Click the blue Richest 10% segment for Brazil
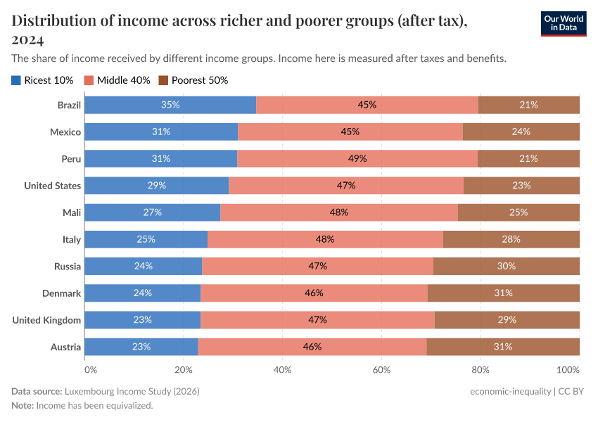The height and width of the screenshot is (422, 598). tap(170, 105)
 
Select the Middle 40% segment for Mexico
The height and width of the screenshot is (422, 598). tap(350, 132)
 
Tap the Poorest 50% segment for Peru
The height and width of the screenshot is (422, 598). tap(529, 158)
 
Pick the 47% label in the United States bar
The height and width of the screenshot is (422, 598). tap(346, 186)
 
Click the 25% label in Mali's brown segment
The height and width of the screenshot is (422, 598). tap(519, 212)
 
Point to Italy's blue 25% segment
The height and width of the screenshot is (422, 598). tap(146, 239)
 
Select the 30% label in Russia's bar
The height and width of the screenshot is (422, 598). tap(507, 267)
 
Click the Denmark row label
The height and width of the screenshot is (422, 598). tap(62, 293)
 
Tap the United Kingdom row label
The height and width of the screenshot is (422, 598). tap(47, 320)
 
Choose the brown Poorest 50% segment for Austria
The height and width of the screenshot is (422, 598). tap(503, 347)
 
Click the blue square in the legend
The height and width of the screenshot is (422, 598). tap(16, 80)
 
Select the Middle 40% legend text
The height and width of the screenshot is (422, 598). tap(123, 80)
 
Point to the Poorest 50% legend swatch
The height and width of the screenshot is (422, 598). tap(165, 80)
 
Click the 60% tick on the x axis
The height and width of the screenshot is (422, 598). tap(381, 369)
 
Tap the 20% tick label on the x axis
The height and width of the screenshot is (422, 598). tap(184, 369)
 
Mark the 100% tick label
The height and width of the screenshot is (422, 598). tap(567, 369)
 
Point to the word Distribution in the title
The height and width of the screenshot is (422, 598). tap(53, 21)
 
